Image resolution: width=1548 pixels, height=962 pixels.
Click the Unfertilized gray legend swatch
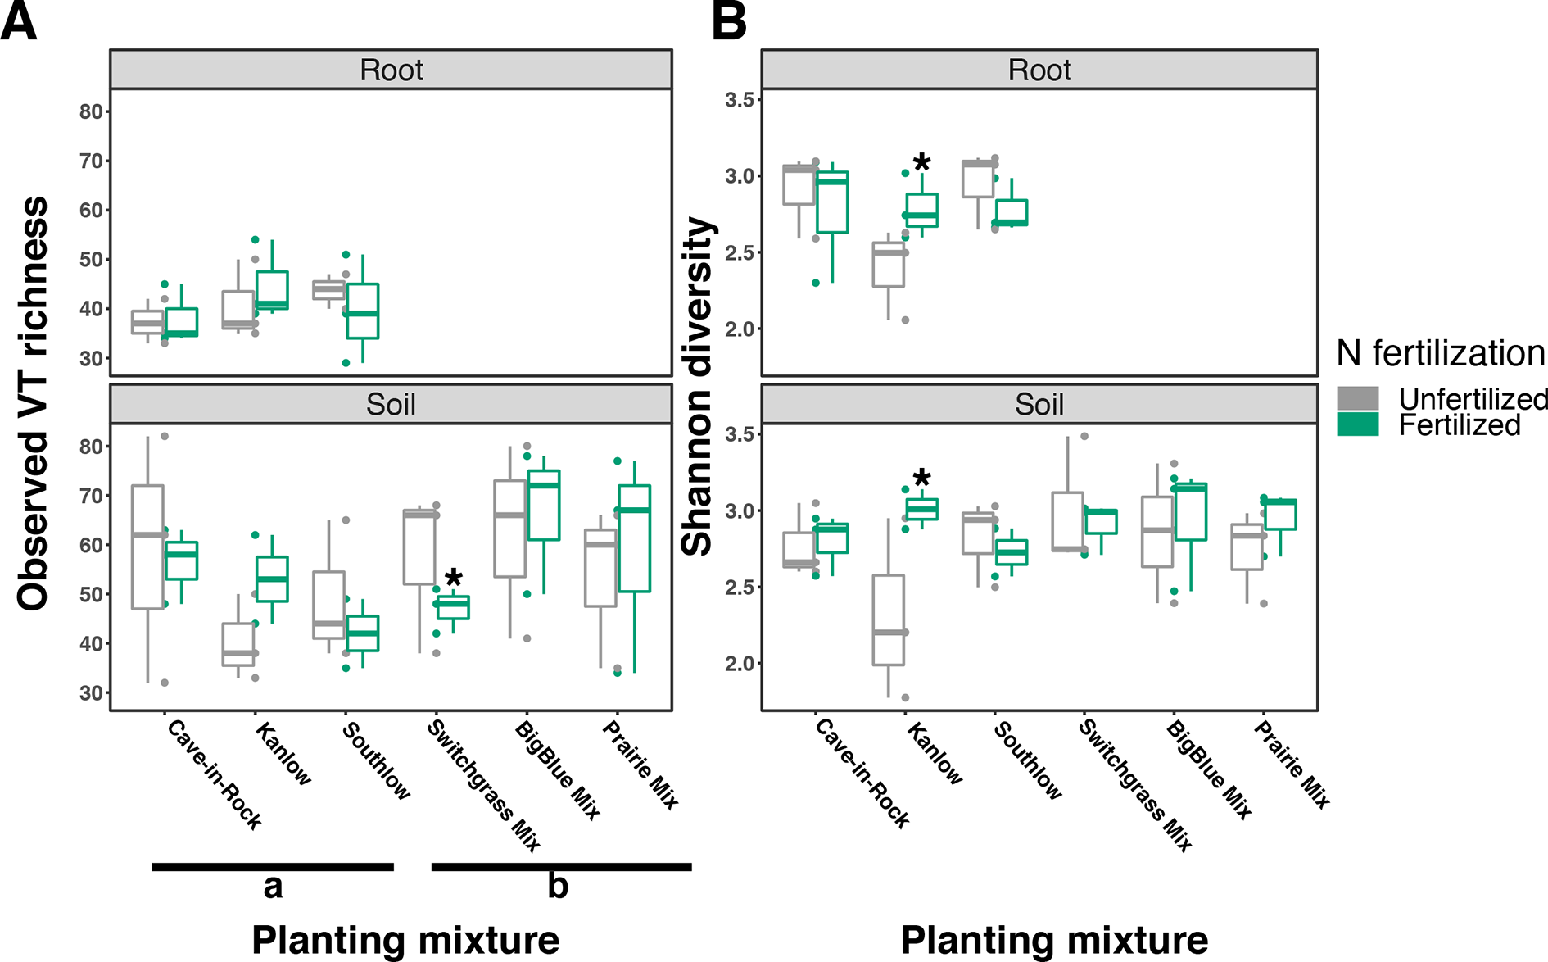pos(1357,399)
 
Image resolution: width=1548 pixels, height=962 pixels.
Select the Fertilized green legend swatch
pos(1357,424)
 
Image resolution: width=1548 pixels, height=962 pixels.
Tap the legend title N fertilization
pos(1440,353)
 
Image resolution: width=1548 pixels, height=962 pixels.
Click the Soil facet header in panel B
pos(1039,404)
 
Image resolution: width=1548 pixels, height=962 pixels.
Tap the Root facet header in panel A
pos(391,70)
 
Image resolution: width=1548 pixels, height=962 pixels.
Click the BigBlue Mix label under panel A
pos(558,770)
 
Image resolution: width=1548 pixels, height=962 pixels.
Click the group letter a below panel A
pos(273,887)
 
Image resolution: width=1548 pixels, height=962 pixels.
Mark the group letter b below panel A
pos(558,885)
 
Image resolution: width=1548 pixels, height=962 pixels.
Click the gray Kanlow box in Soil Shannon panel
pos(888,619)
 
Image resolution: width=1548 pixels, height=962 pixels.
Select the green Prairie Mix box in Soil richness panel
pos(634,538)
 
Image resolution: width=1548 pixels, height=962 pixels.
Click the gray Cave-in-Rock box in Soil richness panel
pos(147,547)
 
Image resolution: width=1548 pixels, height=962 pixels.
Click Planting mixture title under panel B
pos(1054,940)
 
